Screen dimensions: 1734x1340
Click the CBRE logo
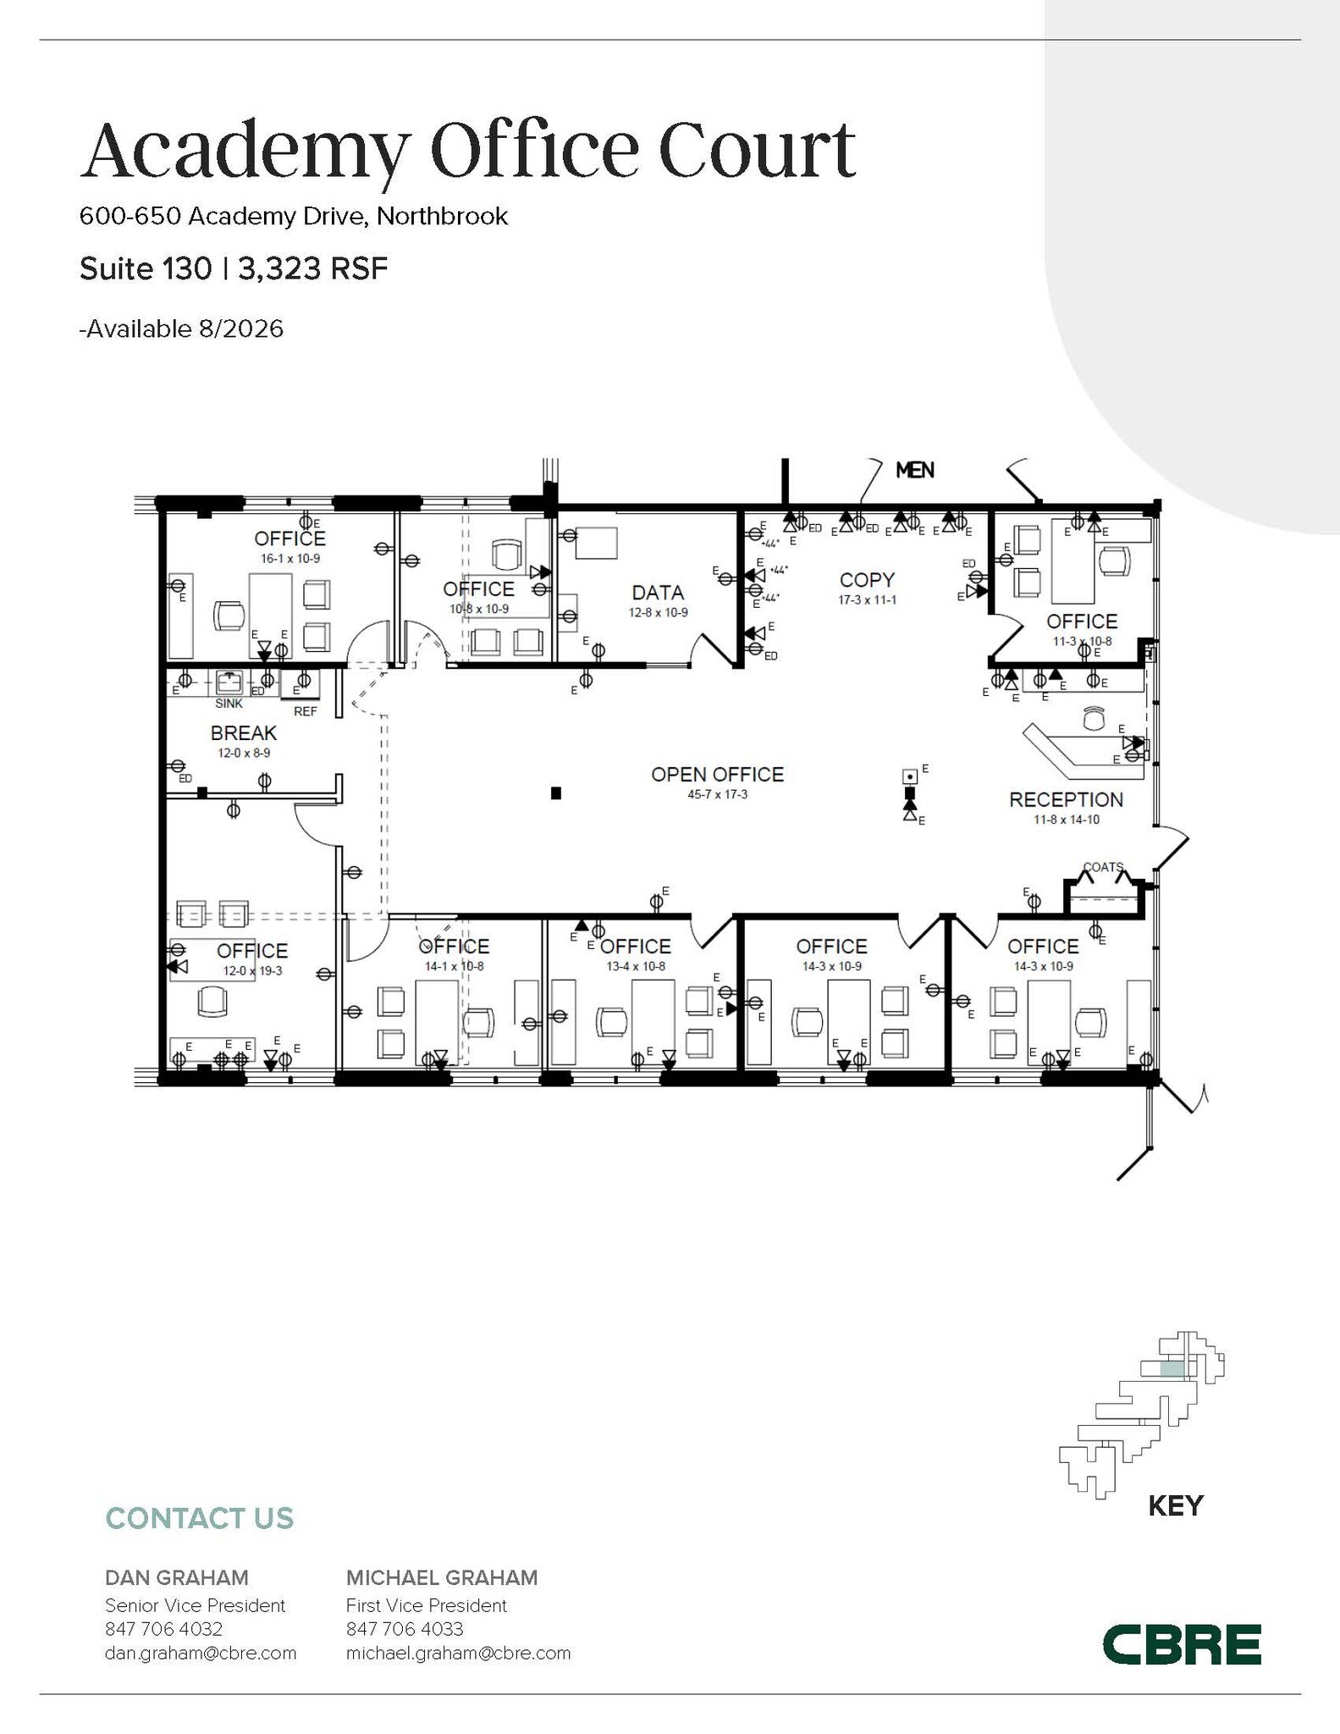[x=1181, y=1645]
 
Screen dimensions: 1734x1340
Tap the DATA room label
[x=658, y=593]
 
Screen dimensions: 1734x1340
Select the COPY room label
[x=867, y=580]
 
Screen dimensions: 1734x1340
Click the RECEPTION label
[x=1066, y=799]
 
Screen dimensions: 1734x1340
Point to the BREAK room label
[x=244, y=733]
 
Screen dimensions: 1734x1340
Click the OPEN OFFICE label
[x=717, y=774]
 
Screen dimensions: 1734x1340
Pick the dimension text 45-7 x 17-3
[x=717, y=795]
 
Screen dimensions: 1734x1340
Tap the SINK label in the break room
[x=229, y=704]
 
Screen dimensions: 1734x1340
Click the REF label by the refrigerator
[x=305, y=711]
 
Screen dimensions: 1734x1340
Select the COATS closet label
[x=1103, y=867]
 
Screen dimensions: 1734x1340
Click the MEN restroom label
[x=914, y=470]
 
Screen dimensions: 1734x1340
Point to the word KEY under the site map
[x=1175, y=1506]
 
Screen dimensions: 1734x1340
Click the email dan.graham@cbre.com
[x=201, y=1653]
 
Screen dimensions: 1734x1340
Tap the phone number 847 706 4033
[x=405, y=1629]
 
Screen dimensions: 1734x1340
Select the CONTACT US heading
[x=200, y=1518]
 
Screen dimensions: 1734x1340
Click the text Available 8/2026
[x=182, y=329]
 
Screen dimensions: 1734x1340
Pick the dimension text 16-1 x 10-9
[x=290, y=559]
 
